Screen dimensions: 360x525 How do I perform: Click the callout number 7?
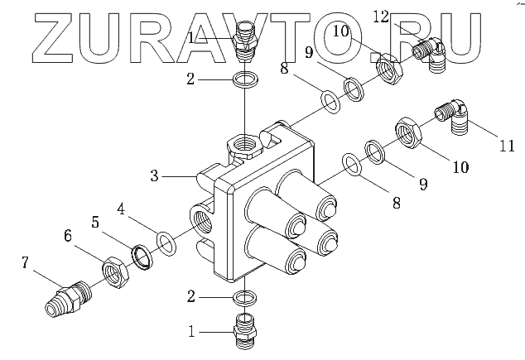coord(26,263)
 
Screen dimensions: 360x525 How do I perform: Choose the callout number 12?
coord(404,16)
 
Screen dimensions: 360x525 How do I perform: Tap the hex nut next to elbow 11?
coord(409,131)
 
